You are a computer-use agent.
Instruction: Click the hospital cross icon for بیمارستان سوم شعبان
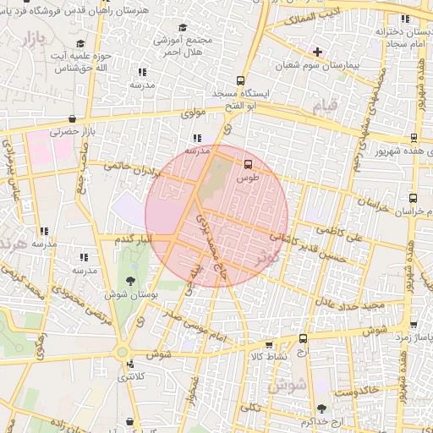[x=317, y=52]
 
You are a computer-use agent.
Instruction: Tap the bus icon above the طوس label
[x=248, y=164]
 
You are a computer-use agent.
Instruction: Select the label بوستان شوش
[x=128, y=295]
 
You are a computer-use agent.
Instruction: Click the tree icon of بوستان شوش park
[x=130, y=280]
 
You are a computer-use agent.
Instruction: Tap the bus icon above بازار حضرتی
[x=72, y=118]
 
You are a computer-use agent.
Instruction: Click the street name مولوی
[x=195, y=112]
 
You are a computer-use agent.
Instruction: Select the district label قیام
[x=325, y=106]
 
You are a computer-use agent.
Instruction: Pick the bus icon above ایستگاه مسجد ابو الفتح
[x=241, y=79]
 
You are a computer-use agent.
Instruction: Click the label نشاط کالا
[x=271, y=357]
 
